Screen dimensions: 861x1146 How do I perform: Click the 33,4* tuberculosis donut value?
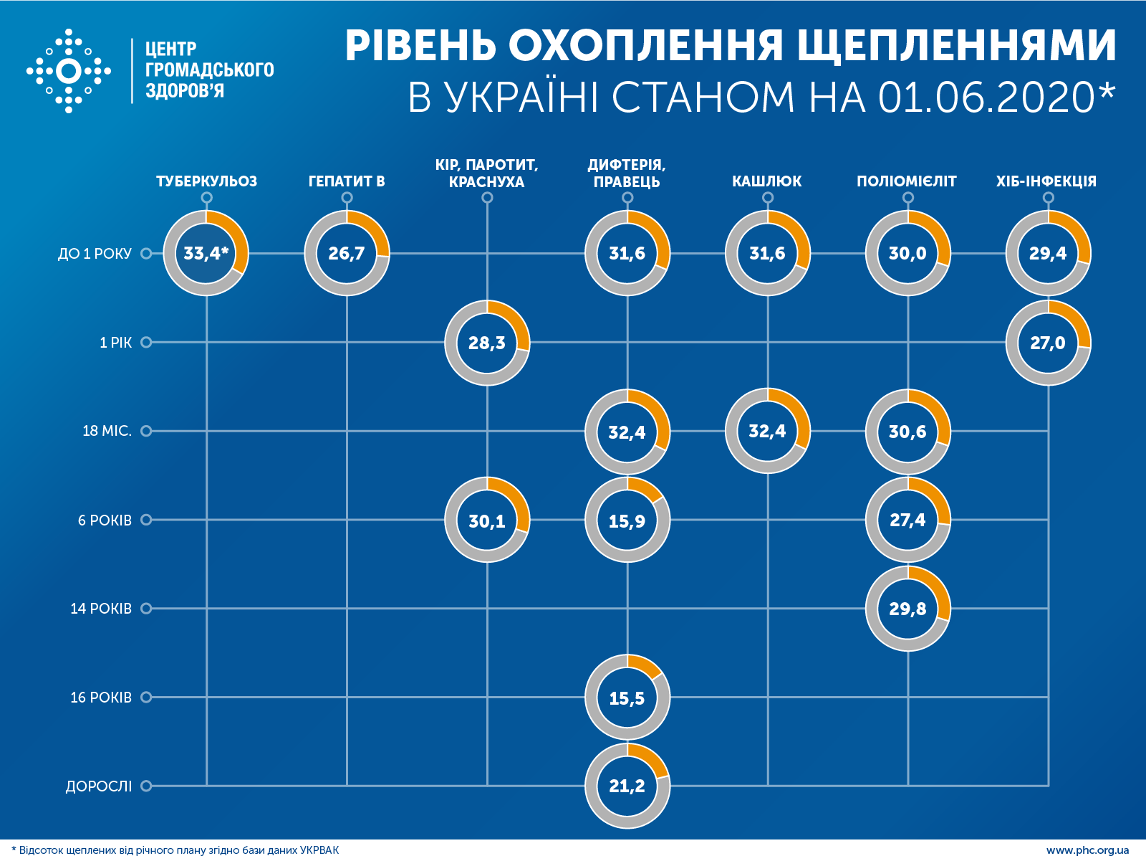[x=206, y=253]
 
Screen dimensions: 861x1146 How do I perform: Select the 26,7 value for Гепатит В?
[x=347, y=253]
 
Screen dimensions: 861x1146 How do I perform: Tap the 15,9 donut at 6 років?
[x=627, y=520]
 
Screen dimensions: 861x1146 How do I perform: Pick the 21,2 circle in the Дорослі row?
[x=627, y=786]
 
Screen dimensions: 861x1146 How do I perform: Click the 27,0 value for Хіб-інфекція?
[x=1048, y=343]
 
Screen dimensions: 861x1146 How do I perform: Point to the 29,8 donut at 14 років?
[x=907, y=609]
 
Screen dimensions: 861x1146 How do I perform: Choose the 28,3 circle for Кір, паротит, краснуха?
[x=487, y=343]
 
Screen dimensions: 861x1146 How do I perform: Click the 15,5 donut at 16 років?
[x=627, y=698]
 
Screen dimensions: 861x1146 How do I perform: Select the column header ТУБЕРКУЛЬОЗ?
[x=206, y=181]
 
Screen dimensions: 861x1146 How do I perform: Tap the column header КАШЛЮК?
[x=766, y=181]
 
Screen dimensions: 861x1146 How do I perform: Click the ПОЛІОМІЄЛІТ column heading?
[x=907, y=181]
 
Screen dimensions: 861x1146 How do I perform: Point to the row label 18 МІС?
[x=107, y=431]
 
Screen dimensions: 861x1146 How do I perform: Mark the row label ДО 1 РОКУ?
[x=95, y=254]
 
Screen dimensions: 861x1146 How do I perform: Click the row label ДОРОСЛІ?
[x=99, y=786]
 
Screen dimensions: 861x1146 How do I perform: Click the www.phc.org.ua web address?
[x=1087, y=850]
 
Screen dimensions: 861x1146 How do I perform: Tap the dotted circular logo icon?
[x=69, y=71]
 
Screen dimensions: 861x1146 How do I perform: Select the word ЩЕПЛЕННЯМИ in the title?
[x=956, y=47]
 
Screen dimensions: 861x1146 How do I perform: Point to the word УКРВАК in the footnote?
[x=319, y=850]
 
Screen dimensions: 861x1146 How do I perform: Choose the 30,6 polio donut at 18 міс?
[x=907, y=432]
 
